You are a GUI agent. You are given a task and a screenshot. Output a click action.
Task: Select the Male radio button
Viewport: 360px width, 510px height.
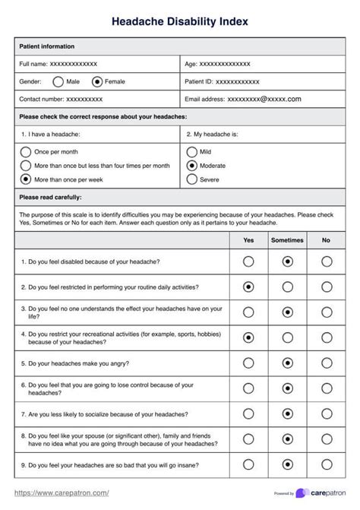[x=58, y=81]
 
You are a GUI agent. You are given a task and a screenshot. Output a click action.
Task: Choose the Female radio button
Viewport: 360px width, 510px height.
[x=96, y=81]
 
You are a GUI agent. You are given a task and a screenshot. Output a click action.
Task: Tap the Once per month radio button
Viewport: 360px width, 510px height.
[x=27, y=152]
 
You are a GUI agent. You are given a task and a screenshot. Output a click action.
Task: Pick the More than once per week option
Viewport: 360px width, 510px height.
[x=27, y=179]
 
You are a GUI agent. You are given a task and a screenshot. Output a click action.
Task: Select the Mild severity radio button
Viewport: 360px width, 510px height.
[x=191, y=152]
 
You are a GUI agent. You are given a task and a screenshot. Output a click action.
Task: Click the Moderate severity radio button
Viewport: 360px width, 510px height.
[x=191, y=166]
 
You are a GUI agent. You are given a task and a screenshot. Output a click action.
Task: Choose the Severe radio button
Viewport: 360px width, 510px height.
[x=191, y=180]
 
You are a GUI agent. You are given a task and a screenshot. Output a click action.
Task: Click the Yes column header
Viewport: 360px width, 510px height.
[x=248, y=240]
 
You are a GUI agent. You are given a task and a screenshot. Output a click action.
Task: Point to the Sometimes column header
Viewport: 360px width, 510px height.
[x=287, y=240]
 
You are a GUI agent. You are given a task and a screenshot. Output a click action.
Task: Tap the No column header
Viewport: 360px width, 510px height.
[x=327, y=240]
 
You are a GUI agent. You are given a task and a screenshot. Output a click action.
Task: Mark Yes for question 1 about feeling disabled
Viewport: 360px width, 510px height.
[x=248, y=261]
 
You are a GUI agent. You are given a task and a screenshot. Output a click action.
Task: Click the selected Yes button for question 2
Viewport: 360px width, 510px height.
[x=248, y=287]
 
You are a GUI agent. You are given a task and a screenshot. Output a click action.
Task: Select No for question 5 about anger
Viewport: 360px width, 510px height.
[x=327, y=363]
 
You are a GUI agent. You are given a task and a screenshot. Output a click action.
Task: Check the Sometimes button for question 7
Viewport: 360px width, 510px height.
[x=287, y=414]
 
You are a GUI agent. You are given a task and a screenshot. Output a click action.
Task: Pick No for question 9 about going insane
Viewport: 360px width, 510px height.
[x=327, y=464]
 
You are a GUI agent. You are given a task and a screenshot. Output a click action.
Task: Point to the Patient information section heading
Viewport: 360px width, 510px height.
[x=46, y=46]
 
